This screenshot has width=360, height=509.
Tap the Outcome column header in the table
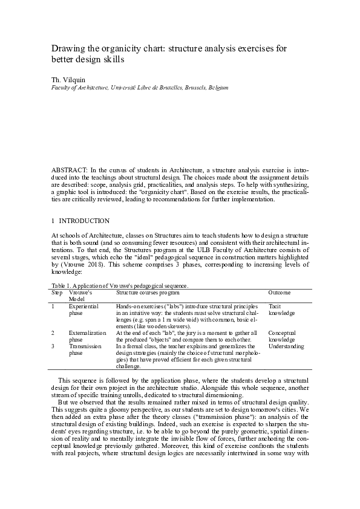[279, 293]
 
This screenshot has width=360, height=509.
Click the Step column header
[57, 293]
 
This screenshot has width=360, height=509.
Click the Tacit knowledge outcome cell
[281, 310]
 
